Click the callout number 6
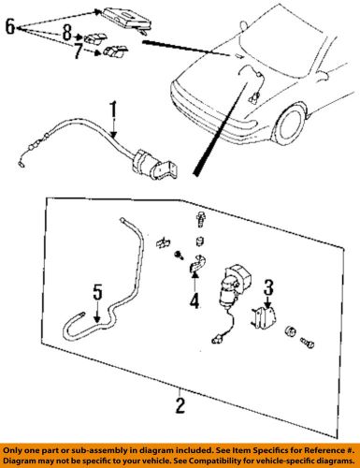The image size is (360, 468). [x=10, y=26]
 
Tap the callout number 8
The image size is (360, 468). [x=67, y=33]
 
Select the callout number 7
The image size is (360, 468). [x=79, y=51]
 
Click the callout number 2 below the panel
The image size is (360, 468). [x=180, y=405]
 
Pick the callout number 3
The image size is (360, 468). [x=268, y=287]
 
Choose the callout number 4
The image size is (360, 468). [x=194, y=300]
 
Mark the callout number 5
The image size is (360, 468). [x=97, y=293]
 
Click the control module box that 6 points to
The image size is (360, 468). [x=127, y=20]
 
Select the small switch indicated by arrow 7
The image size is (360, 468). [x=115, y=51]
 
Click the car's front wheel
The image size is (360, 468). [x=289, y=124]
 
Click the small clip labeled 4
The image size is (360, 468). [x=197, y=264]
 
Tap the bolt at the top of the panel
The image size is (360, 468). [x=201, y=220]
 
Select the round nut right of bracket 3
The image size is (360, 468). [x=290, y=331]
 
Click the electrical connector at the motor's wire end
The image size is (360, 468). [x=216, y=340]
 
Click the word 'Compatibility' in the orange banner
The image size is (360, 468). [x=212, y=461]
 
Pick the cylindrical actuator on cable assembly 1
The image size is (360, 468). [x=146, y=164]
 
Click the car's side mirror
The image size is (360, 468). [x=323, y=75]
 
